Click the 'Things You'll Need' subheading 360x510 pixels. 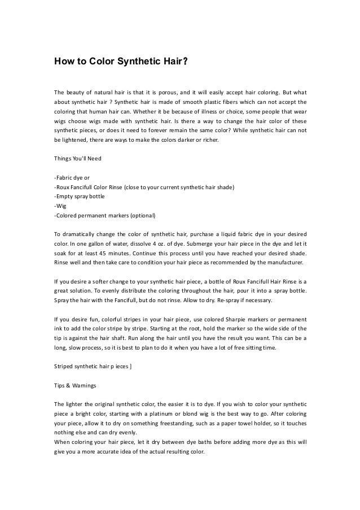(x=78, y=158)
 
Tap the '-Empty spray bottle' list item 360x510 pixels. (x=79, y=197)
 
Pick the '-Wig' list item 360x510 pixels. (x=59, y=206)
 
